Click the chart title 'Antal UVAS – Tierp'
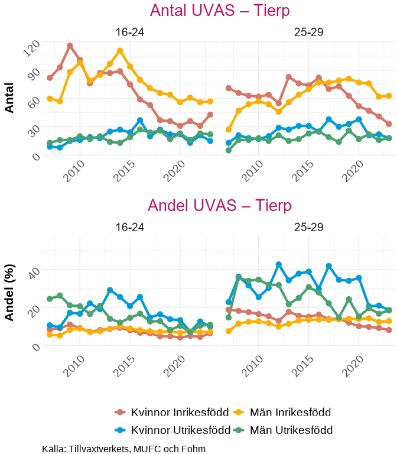tap(219, 11)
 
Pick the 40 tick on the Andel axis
tap(33, 272)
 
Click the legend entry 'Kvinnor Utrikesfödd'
tap(172, 430)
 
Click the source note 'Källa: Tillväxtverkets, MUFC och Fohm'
tap(124, 449)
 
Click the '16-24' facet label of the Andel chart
tap(130, 226)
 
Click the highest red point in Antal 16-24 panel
tap(70, 46)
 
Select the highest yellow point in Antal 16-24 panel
tap(120, 50)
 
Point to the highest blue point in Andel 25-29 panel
tap(278, 264)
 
